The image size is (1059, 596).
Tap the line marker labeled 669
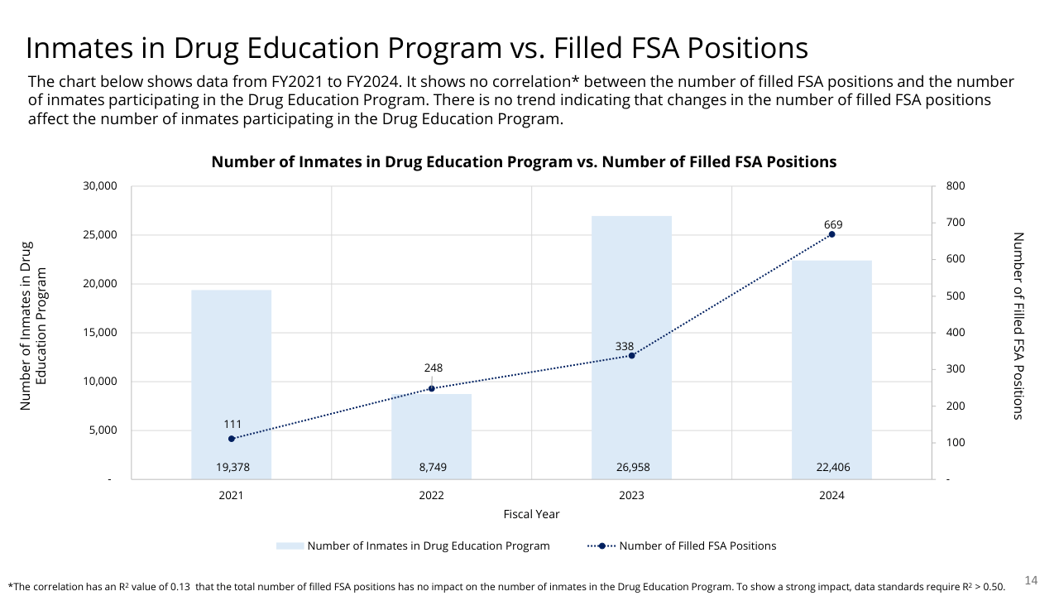click(x=831, y=234)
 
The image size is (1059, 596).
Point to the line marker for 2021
click(x=232, y=439)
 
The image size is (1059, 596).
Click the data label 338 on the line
click(x=625, y=345)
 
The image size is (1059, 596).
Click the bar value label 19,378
click(x=232, y=468)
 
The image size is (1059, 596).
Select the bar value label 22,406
click(x=832, y=468)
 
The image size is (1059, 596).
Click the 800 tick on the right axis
click(x=955, y=186)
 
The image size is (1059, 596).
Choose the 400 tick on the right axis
click(x=955, y=333)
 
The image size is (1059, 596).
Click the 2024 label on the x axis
click(x=832, y=495)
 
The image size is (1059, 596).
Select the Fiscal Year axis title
click(x=531, y=514)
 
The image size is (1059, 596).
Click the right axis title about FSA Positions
click(x=1018, y=325)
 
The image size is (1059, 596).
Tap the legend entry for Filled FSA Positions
click(x=697, y=546)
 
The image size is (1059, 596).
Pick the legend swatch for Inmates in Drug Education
click(x=290, y=546)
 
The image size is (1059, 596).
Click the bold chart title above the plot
click(x=524, y=162)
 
